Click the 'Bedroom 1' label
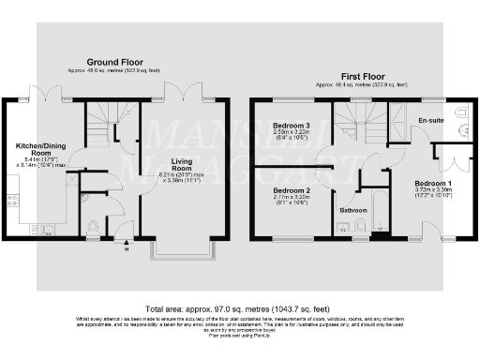point(433,184)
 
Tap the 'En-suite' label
point(430,121)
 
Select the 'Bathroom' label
point(352,211)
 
